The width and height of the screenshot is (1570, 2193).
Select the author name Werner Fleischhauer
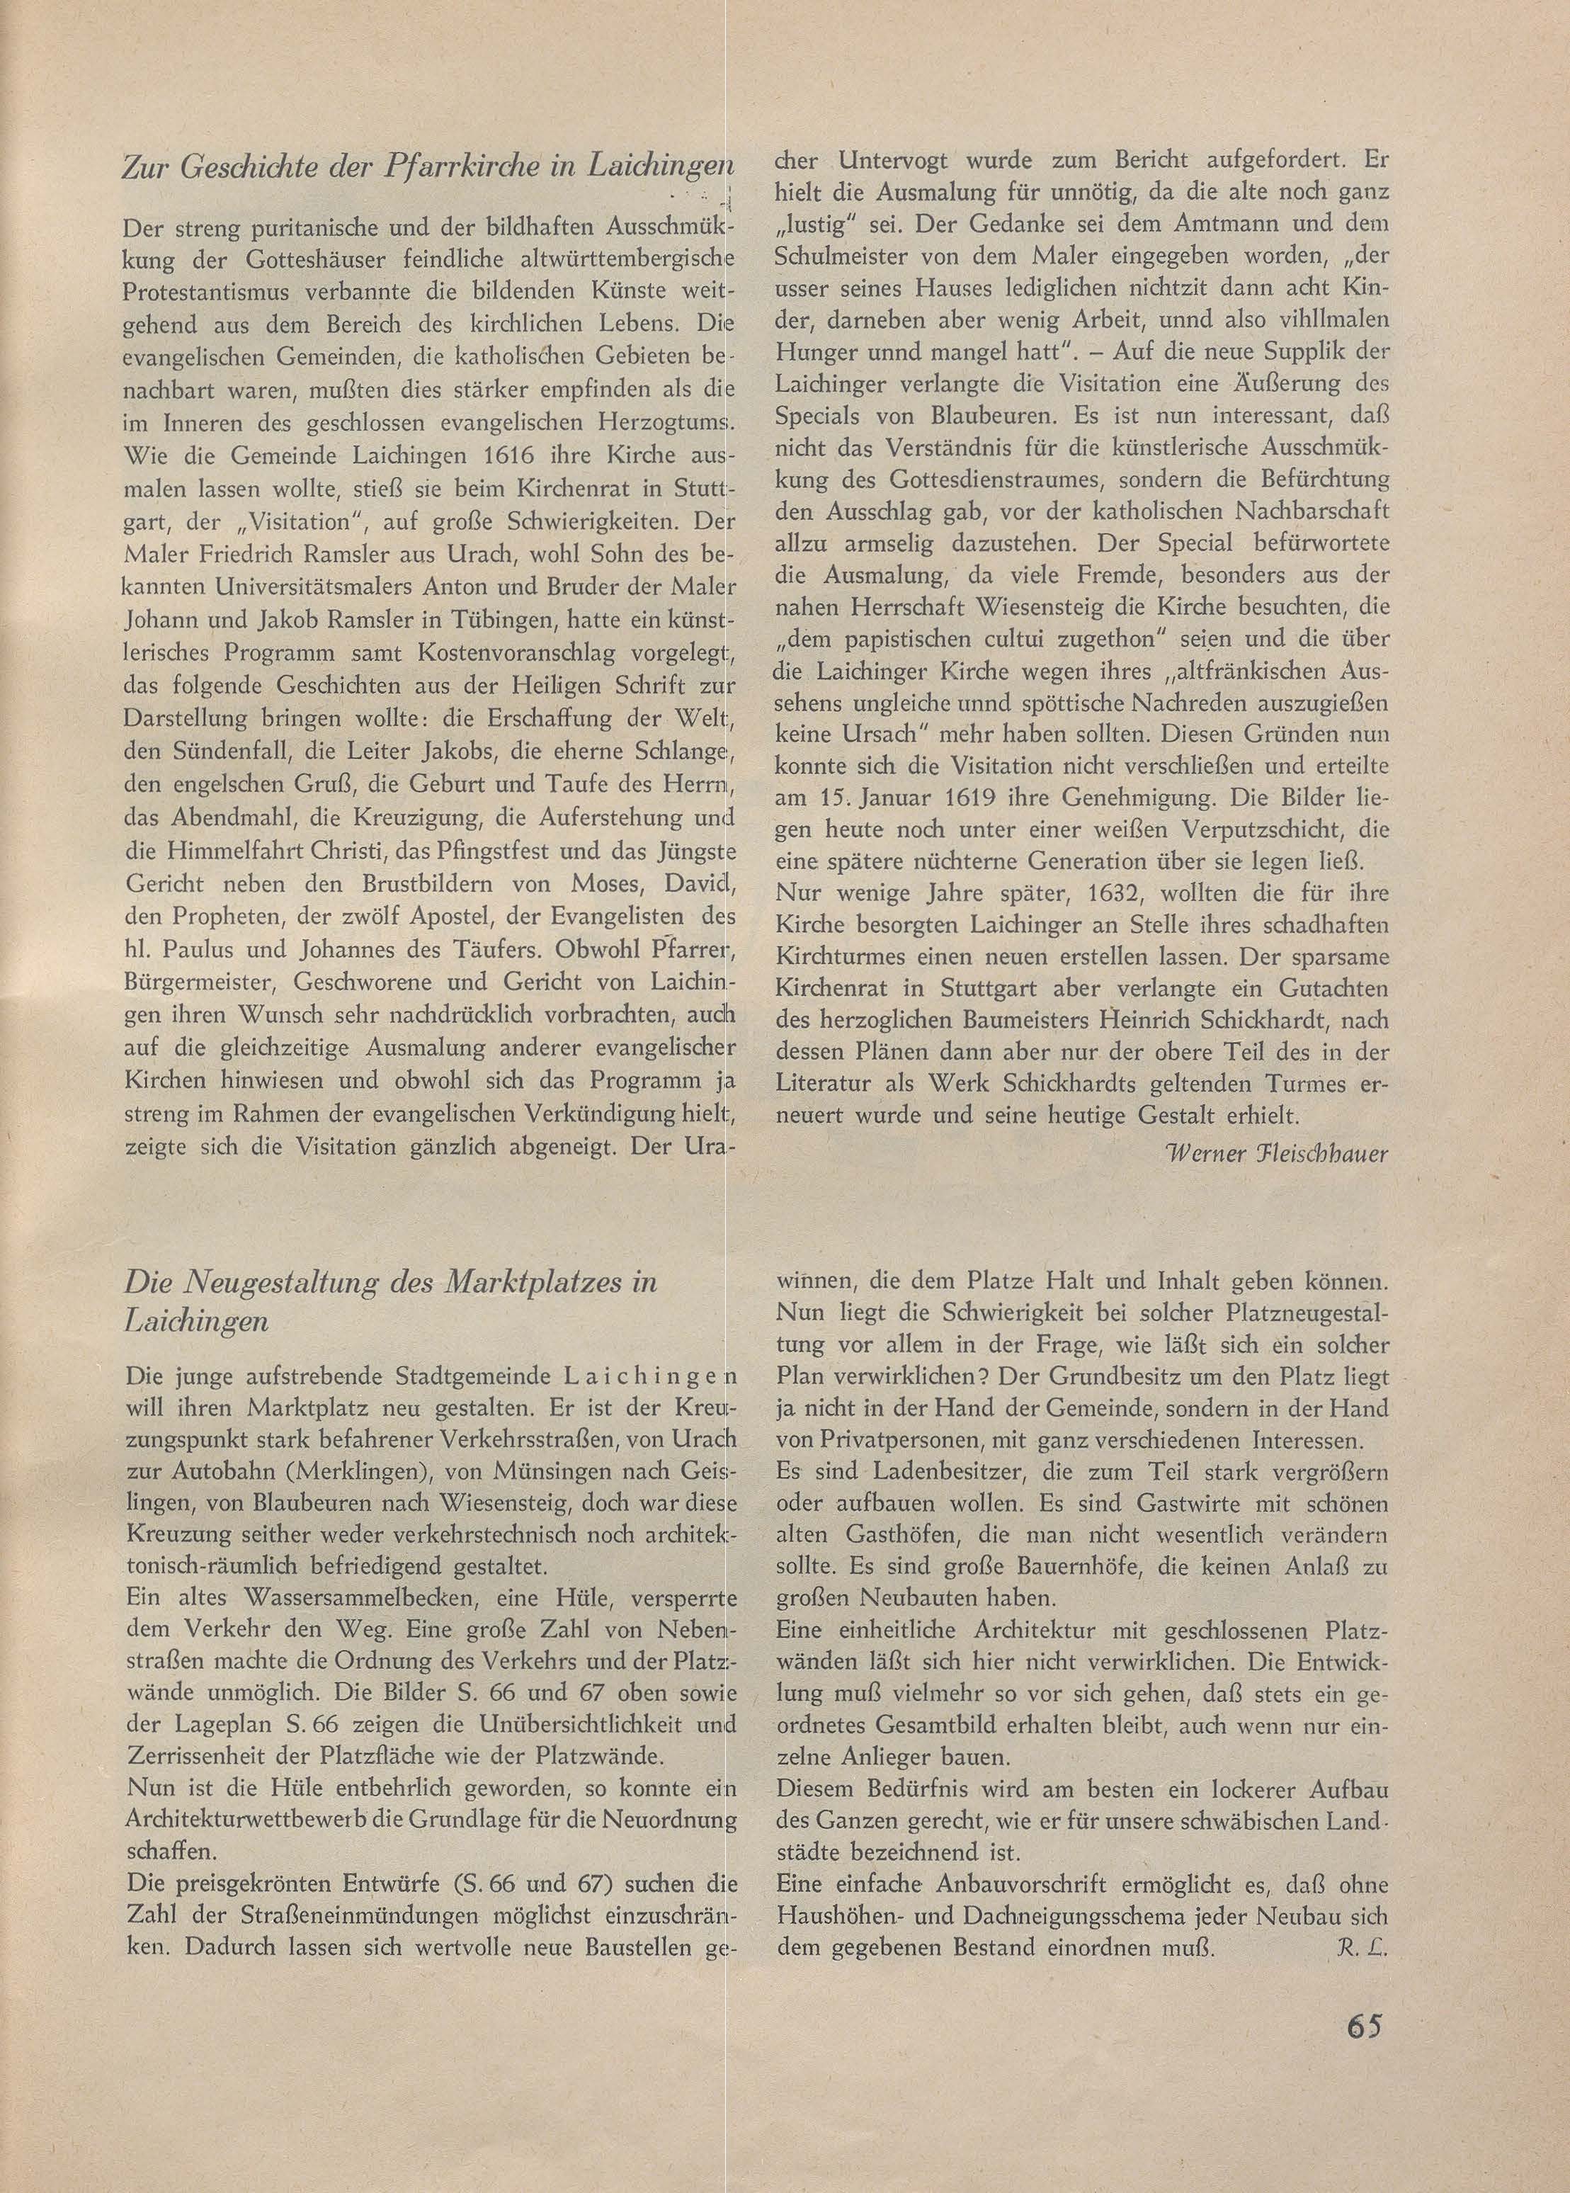coord(1277,1155)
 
